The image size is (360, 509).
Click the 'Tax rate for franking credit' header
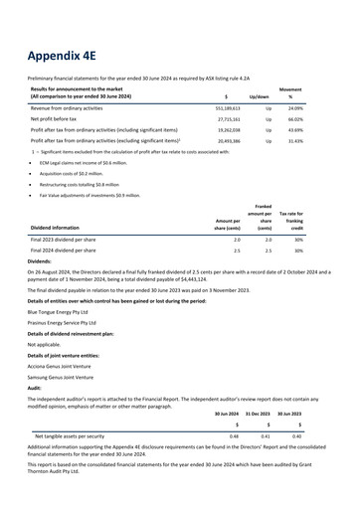click(x=317, y=220)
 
